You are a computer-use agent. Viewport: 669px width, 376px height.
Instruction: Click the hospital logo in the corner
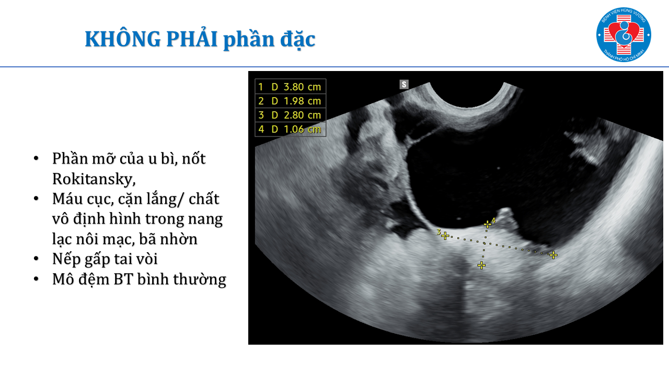pos(624,34)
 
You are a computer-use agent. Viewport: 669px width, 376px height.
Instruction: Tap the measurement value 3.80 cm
pos(302,87)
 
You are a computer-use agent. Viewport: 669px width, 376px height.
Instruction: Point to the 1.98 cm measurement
pos(302,101)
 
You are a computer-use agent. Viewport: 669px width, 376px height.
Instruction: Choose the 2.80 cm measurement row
pos(290,115)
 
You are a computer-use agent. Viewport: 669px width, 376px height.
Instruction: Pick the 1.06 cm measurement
pos(302,129)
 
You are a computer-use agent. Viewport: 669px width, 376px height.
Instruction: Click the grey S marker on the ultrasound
pos(404,85)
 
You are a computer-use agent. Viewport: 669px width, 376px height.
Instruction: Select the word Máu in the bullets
pos(67,198)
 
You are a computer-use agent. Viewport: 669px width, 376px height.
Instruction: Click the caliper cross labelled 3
pos(445,236)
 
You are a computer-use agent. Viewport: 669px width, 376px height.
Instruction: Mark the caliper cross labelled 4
pos(488,224)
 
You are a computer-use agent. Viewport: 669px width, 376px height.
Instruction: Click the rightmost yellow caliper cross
pos(553,255)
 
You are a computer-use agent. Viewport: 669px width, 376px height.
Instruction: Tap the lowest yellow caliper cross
pos(481,265)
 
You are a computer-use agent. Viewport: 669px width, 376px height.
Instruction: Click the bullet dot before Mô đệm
pos(37,279)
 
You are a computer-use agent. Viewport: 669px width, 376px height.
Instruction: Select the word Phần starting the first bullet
pos(70,158)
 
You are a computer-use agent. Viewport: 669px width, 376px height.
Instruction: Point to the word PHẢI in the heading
pos(192,38)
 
